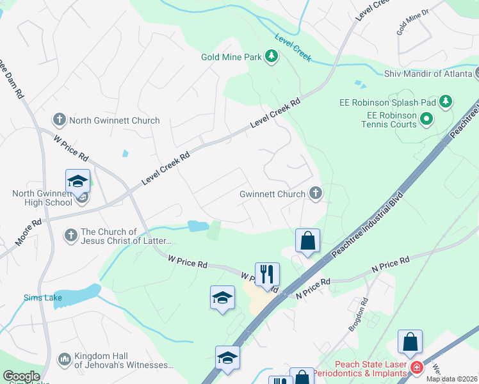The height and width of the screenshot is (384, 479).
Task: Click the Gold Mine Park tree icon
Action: (x=272, y=57)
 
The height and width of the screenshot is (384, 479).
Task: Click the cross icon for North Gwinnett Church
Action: (x=60, y=120)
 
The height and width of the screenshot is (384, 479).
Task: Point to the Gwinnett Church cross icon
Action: (x=315, y=192)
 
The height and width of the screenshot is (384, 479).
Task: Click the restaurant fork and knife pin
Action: (x=267, y=275)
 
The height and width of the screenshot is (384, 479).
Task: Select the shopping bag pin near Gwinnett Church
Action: (x=307, y=241)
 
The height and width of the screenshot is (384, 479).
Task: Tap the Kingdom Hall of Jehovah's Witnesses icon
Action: (x=64, y=360)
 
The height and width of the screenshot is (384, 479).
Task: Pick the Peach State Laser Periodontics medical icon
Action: (x=417, y=367)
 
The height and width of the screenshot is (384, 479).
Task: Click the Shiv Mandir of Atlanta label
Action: (x=430, y=74)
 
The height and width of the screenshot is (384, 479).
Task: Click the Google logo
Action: (x=21, y=376)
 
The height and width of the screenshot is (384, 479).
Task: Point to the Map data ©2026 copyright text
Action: (x=451, y=379)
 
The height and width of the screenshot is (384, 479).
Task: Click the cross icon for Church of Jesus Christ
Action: (x=71, y=236)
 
